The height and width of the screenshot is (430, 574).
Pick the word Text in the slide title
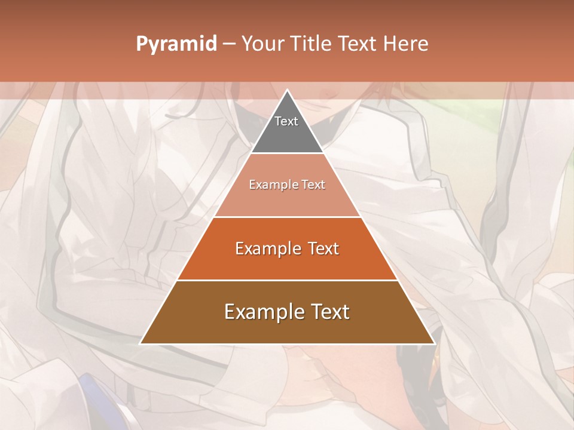[x=359, y=44]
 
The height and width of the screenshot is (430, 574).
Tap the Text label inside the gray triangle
[x=286, y=121]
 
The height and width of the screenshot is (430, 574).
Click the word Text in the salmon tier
[x=313, y=185]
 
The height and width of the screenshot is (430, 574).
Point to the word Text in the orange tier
[x=323, y=248]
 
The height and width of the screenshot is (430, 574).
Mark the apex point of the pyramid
[x=287, y=90]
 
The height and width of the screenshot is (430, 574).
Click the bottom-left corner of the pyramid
[x=141, y=343]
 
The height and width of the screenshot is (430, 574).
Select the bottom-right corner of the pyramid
[x=434, y=343]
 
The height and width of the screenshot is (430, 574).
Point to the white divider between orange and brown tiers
[x=287, y=280]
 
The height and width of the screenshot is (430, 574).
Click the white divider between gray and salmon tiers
[x=287, y=153]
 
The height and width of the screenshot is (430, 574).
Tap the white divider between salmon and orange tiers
[x=287, y=217]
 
